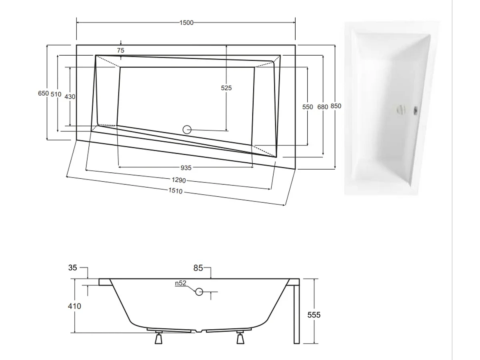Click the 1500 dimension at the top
[186, 23]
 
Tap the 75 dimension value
[121, 50]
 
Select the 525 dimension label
[226, 88]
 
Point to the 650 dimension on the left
[43, 94]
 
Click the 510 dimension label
[56, 94]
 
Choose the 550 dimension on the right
[308, 107]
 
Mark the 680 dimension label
[322, 107]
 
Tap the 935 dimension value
[186, 168]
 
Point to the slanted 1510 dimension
[175, 191]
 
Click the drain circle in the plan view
[187, 130]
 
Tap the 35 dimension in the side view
[72, 268]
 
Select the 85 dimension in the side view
[198, 268]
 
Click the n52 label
[181, 283]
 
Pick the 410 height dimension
[74, 306]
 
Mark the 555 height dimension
[314, 315]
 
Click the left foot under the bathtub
[158, 338]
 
